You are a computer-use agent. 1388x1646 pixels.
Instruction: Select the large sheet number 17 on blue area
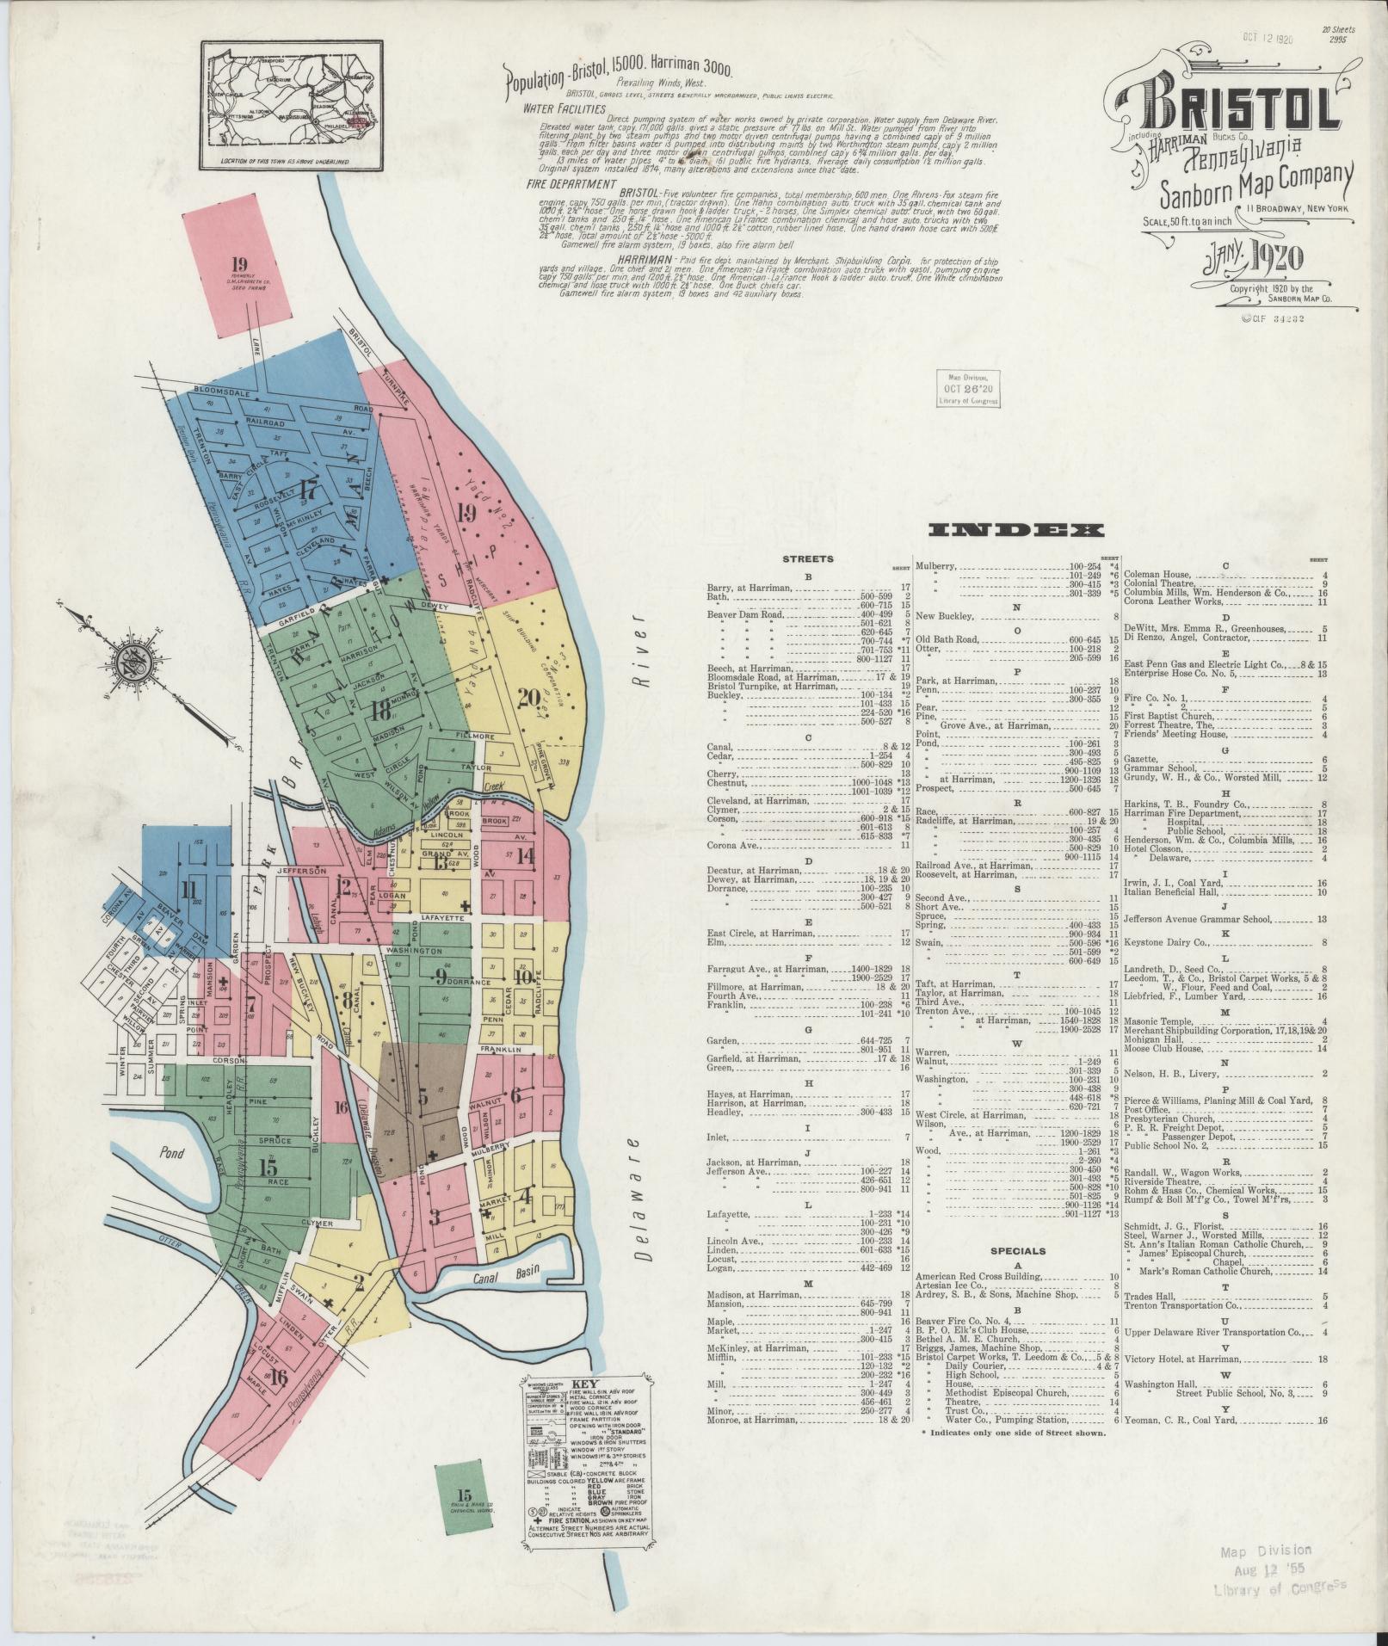click(x=305, y=492)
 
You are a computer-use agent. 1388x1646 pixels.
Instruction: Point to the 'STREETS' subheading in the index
click(x=807, y=559)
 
